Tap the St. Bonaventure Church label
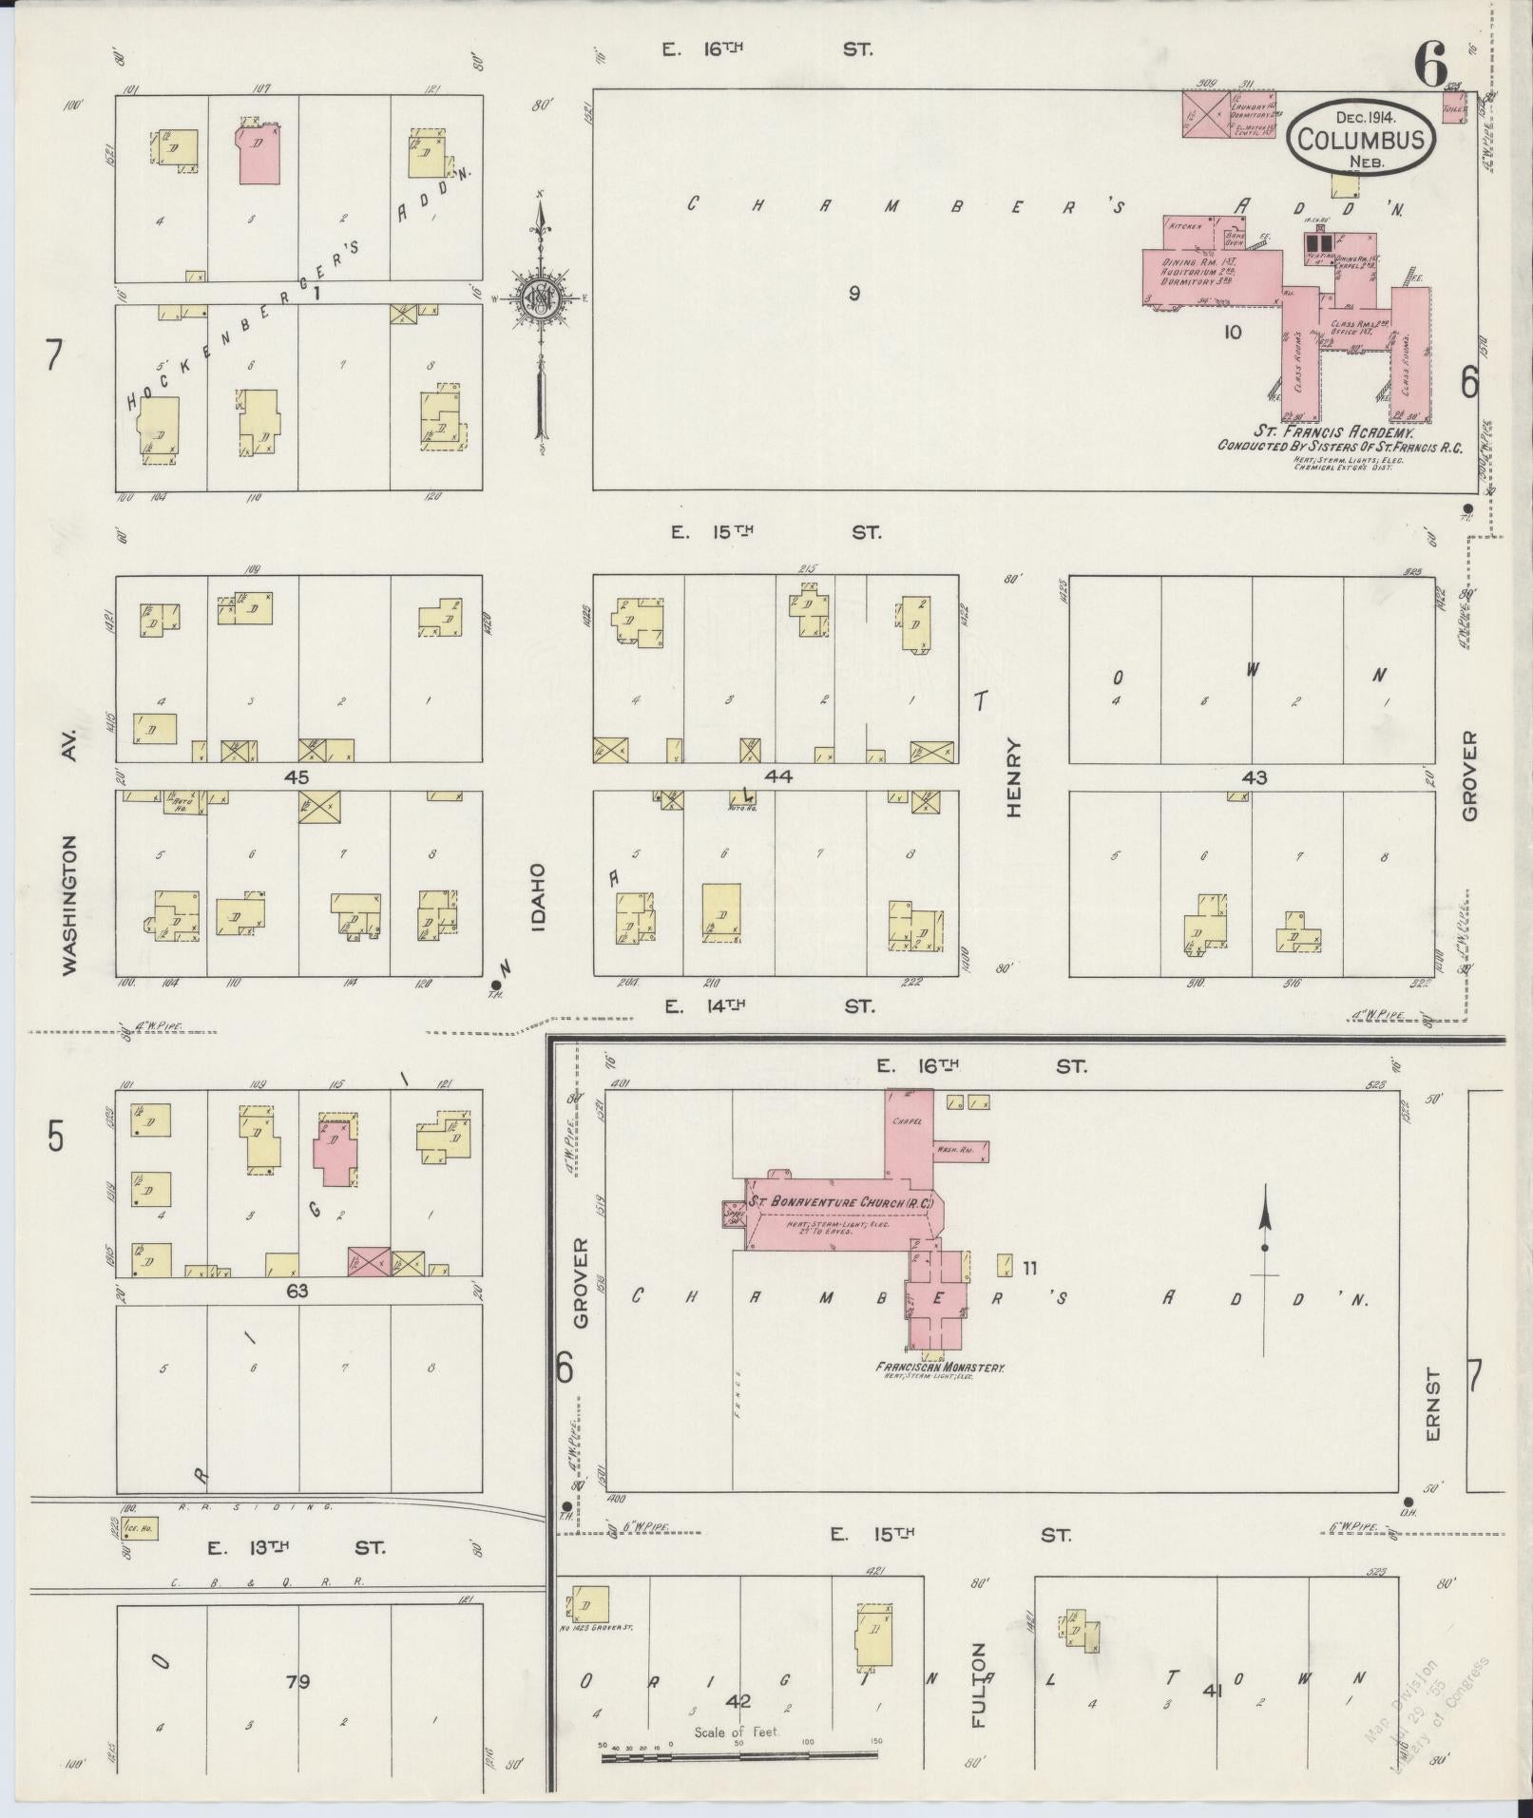point(841,1202)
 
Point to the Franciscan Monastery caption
point(940,1368)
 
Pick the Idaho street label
point(538,896)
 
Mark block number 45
point(297,776)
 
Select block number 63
point(297,1291)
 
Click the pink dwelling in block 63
point(335,1148)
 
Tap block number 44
point(777,776)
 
